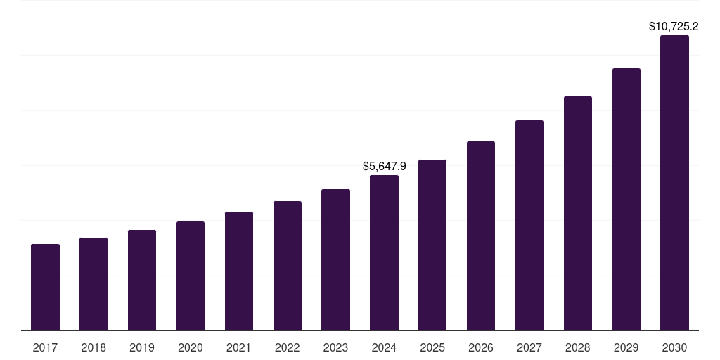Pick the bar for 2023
(335, 259)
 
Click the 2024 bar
(384, 252)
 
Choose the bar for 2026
(481, 236)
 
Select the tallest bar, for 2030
(674, 183)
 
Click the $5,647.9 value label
(384, 167)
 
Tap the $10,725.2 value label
(674, 27)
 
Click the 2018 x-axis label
(94, 347)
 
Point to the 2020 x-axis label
(191, 347)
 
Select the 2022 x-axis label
(287, 347)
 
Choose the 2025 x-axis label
(432, 347)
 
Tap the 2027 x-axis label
(529, 347)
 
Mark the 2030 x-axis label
(674, 347)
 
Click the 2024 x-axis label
(384, 347)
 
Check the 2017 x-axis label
(45, 347)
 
